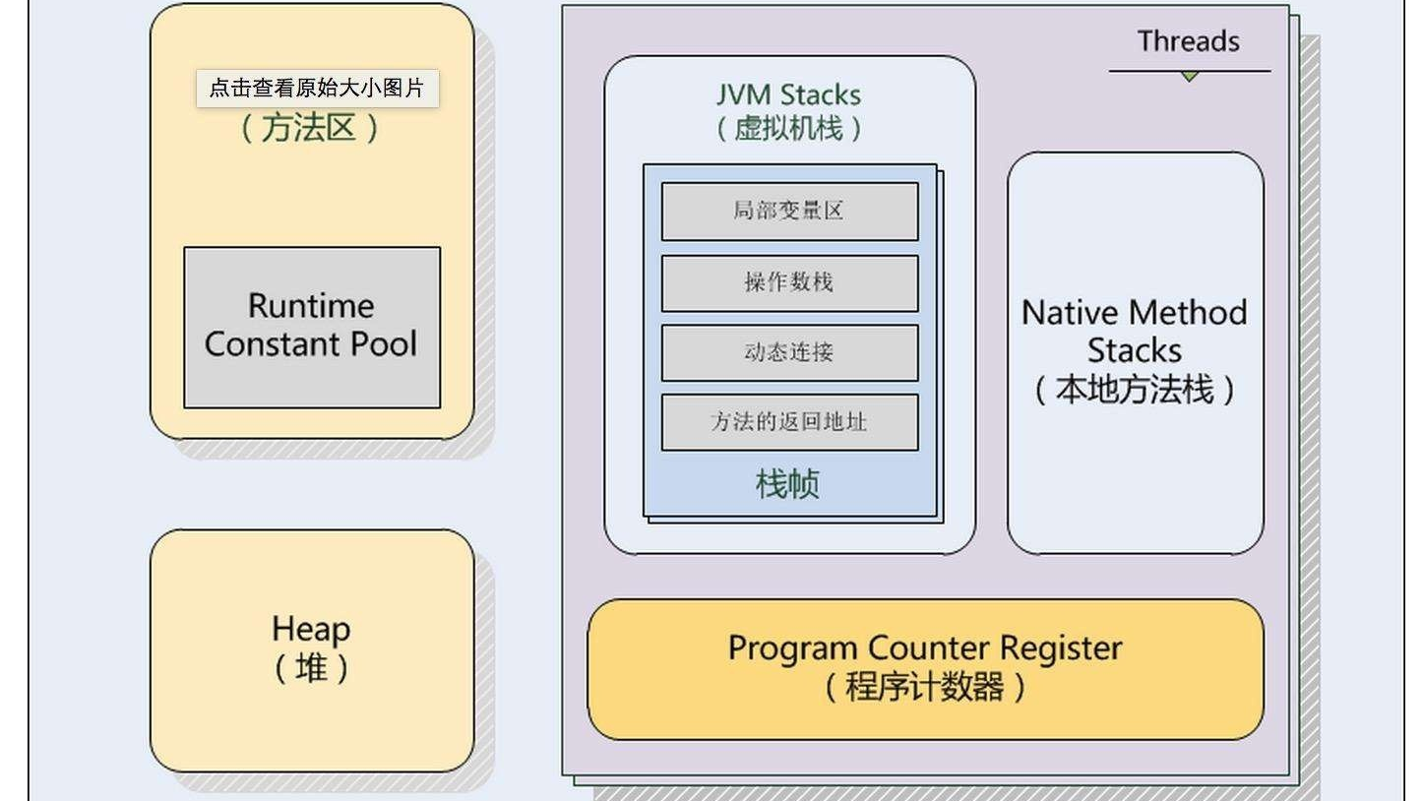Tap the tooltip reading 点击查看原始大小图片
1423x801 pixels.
tap(317, 88)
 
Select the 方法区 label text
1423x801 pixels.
tap(310, 128)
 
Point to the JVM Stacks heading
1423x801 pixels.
tap(788, 95)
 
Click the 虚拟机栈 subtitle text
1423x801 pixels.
tap(788, 128)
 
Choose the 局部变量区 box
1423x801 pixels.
tap(789, 211)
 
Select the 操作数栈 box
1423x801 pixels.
tap(789, 282)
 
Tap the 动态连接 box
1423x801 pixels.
tap(789, 352)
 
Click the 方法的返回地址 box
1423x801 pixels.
tap(789, 422)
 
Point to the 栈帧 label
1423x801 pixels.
tap(787, 484)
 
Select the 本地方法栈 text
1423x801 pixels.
tap(1135, 390)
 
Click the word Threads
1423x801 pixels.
tap(1188, 41)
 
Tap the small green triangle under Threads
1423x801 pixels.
tap(1190, 76)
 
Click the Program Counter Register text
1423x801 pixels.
tap(925, 648)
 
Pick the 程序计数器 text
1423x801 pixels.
tap(925, 686)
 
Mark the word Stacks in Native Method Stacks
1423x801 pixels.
tap(1135, 351)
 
